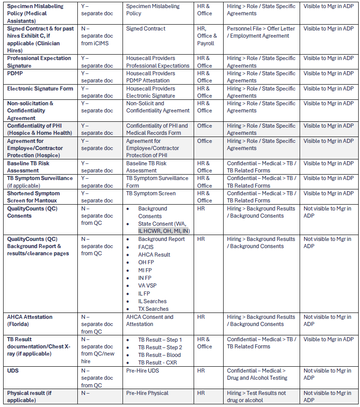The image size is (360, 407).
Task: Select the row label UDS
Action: point(13,371)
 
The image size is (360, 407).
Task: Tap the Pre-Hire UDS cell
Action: point(142,371)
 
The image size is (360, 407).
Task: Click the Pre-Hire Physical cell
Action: point(147,393)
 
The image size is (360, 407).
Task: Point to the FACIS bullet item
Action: point(146,247)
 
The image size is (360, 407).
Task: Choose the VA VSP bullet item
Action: point(147,286)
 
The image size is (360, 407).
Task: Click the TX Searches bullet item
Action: point(153,309)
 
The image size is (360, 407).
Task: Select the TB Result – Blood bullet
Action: point(159,355)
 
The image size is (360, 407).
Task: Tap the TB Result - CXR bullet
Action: point(157,363)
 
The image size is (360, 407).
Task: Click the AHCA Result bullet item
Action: point(154,254)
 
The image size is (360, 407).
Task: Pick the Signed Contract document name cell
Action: point(146,29)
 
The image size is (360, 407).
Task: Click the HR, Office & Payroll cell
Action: point(207,36)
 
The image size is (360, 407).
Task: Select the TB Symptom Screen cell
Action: point(151,193)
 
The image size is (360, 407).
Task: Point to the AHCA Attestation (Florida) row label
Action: point(30,321)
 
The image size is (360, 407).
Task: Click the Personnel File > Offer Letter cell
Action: point(261,32)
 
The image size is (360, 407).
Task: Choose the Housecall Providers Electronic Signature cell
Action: point(151,92)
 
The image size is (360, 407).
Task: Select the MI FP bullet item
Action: point(145,270)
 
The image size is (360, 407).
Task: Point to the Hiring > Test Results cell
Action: point(256,397)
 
